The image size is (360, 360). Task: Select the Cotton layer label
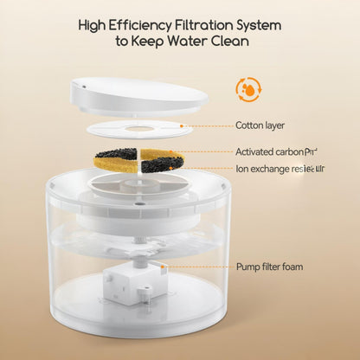click(x=260, y=125)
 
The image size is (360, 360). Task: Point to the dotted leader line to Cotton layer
click(x=208, y=126)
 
